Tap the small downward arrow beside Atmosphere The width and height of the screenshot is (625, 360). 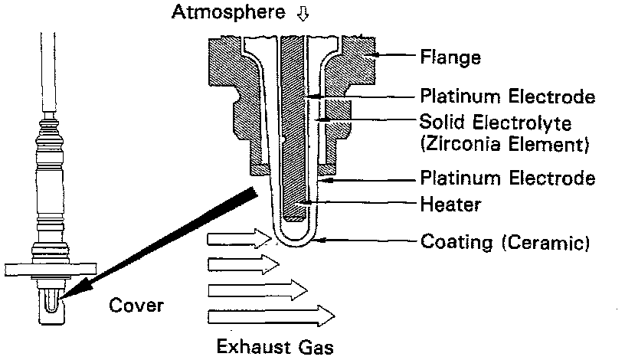(x=290, y=13)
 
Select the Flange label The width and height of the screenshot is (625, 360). (x=450, y=57)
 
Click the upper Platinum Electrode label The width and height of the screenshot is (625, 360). (x=508, y=97)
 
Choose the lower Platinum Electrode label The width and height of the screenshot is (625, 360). (x=508, y=178)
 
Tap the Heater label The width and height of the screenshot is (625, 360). (x=450, y=205)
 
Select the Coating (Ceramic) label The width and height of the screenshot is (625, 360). (x=505, y=244)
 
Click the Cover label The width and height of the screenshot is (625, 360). (x=137, y=306)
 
